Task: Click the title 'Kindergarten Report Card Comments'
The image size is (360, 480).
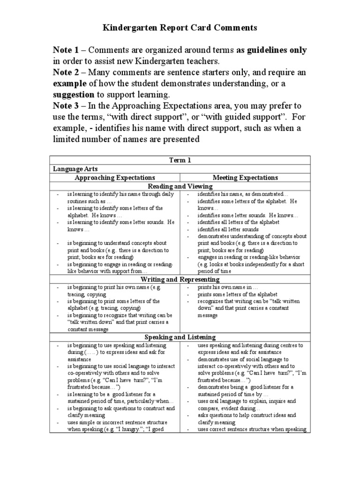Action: [x=180, y=28]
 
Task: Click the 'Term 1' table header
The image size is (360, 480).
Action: [x=180, y=160]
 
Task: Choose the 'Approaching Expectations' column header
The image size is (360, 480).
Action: [x=115, y=178]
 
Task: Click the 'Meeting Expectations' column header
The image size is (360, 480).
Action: [x=245, y=178]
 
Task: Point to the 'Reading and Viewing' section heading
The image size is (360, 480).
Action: [x=180, y=186]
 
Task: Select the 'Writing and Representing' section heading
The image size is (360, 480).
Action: [x=180, y=279]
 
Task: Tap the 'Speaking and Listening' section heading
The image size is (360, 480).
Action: [x=180, y=337]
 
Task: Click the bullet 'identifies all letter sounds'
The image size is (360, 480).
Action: [x=228, y=230]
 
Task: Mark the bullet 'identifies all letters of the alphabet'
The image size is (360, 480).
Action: [x=238, y=222]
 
